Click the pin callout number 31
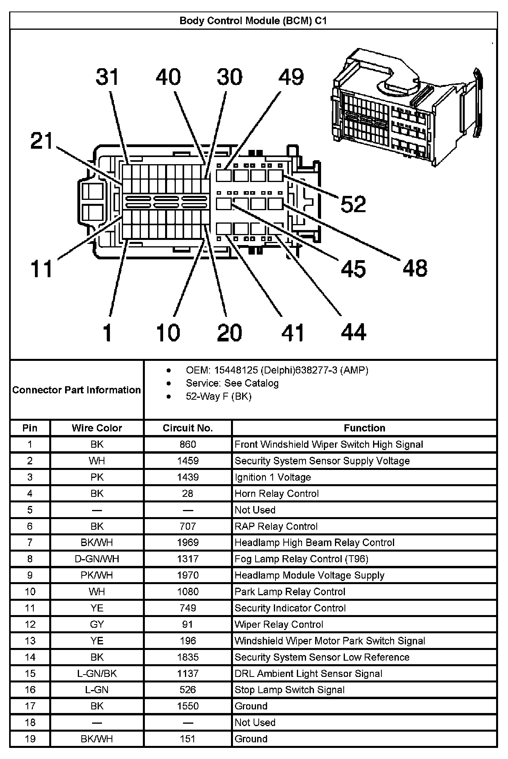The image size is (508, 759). [108, 77]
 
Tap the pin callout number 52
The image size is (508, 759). [353, 204]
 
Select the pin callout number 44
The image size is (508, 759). [353, 332]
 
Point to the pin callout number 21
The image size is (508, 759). [42, 141]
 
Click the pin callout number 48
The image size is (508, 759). [415, 268]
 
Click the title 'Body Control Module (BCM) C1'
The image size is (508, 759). [253, 21]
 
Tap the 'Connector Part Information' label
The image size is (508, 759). [77, 390]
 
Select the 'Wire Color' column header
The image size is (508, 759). [97, 428]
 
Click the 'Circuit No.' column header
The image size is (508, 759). [188, 428]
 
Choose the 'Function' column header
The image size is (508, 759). [364, 428]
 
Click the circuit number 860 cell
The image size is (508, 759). [188, 444]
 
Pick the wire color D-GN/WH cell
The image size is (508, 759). [97, 559]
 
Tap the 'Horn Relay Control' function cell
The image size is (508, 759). [277, 493]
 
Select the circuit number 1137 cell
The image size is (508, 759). [188, 673]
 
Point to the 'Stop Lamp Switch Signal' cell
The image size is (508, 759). [289, 690]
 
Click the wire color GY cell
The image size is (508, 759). [97, 624]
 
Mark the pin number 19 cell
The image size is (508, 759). [30, 739]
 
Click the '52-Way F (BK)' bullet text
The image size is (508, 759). [219, 396]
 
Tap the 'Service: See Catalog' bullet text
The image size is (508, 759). [232, 383]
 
